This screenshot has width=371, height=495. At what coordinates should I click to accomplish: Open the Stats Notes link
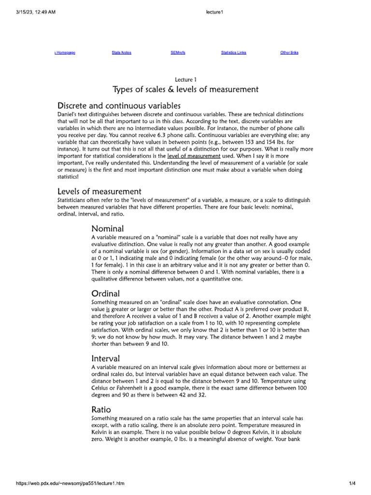[121, 53]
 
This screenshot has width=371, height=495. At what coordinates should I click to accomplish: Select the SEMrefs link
[178, 53]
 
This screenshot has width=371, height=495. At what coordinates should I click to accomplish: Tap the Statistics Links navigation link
[233, 53]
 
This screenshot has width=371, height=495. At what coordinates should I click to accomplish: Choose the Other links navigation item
[289, 53]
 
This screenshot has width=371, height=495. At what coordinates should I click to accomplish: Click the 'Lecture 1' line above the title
[185, 79]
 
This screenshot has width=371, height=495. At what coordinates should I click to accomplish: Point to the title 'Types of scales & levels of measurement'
[185, 89]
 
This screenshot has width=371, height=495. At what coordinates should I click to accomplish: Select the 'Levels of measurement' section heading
[99, 191]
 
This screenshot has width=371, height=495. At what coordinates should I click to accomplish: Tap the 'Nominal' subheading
[107, 229]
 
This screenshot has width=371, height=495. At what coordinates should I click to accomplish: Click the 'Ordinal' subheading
[106, 293]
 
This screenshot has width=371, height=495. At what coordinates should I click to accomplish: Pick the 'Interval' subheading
[106, 358]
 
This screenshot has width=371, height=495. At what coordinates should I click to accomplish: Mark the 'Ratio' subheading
[101, 409]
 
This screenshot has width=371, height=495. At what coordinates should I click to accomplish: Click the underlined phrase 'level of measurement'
[193, 156]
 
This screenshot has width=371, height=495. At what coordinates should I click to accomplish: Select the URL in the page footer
[77, 484]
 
